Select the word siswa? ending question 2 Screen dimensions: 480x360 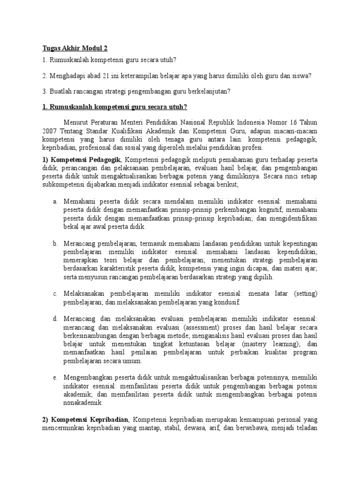tap(303, 76)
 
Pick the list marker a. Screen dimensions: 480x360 tap(55, 201)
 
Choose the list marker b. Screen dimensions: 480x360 tap(55, 244)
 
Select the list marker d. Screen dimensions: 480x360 tap(55, 319)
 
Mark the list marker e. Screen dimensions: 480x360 tap(55, 378)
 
